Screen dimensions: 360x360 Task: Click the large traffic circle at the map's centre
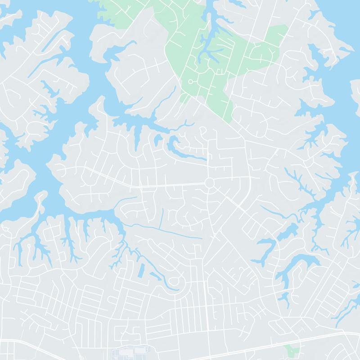pyautogui.click(x=209, y=183)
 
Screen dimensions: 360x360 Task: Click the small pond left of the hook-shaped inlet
pyautogui.click(x=158, y=141)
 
